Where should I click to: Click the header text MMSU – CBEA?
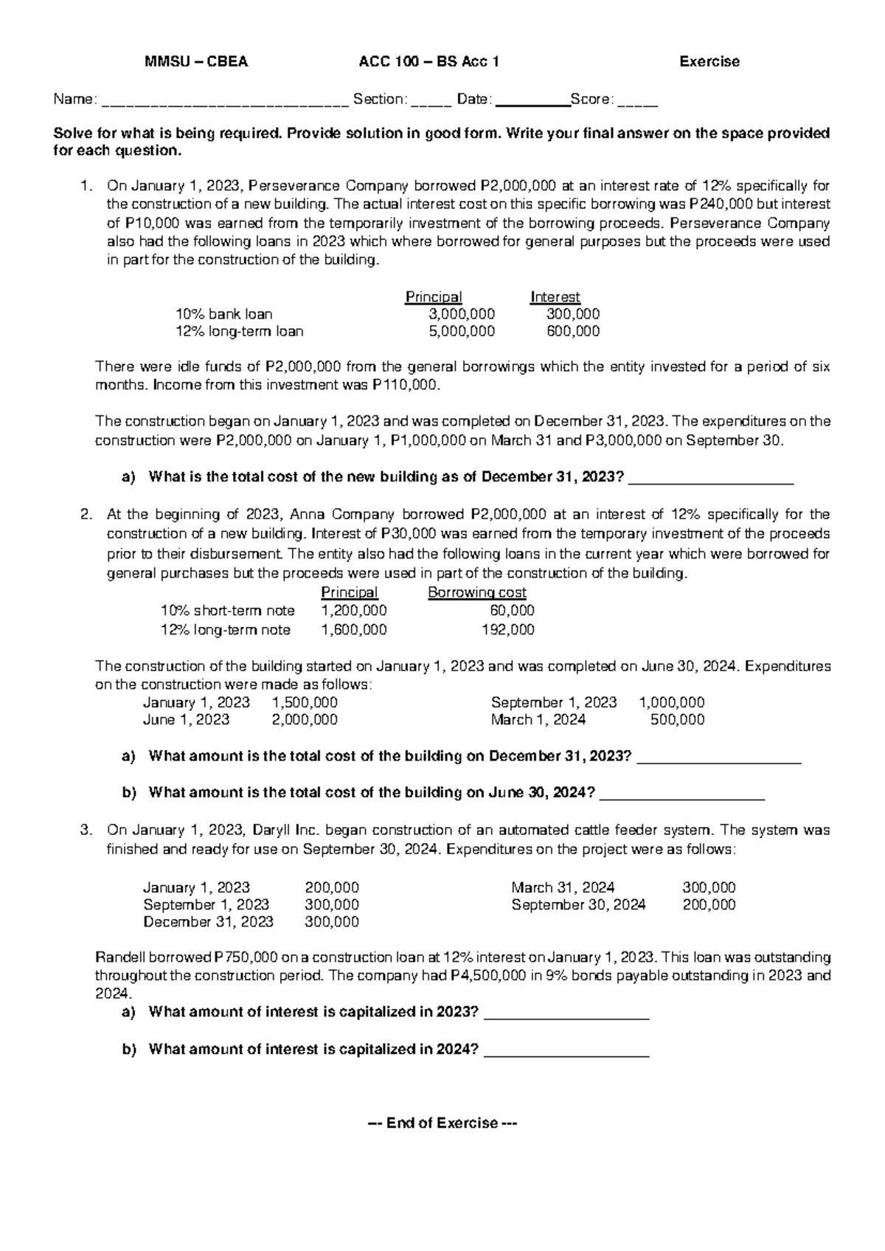pyautogui.click(x=196, y=62)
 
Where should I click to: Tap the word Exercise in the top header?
pyautogui.click(x=709, y=62)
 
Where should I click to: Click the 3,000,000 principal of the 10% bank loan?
pyautogui.click(x=462, y=314)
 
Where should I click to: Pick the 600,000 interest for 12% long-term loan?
pyautogui.click(x=573, y=331)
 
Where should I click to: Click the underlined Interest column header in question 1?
pyautogui.click(x=555, y=297)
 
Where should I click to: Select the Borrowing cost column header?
pyautogui.click(x=476, y=592)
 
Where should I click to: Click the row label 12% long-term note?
pyautogui.click(x=226, y=629)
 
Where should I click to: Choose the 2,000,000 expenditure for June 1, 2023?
pyautogui.click(x=305, y=719)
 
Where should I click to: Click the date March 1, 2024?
pyautogui.click(x=538, y=719)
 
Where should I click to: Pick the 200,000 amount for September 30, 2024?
pyautogui.click(x=709, y=904)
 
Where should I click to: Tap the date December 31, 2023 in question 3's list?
pyautogui.click(x=208, y=921)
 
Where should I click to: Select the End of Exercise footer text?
pyautogui.click(x=442, y=1123)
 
